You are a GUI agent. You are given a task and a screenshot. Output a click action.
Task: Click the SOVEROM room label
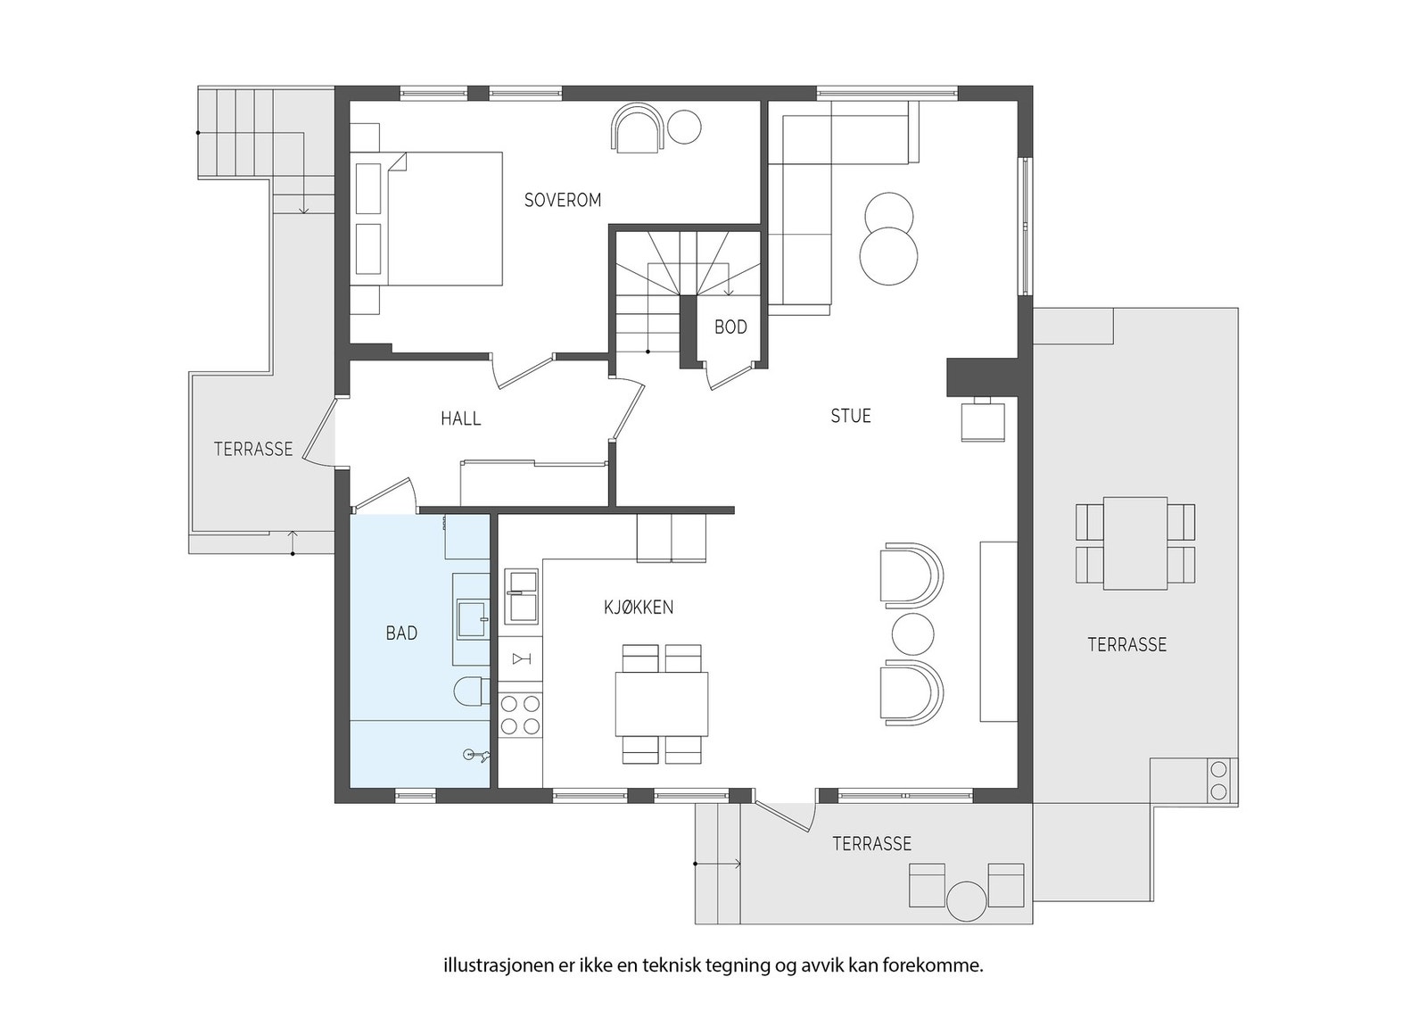[x=563, y=200]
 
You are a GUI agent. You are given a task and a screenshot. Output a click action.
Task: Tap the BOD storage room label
[x=730, y=327]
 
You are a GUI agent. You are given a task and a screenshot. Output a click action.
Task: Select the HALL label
[x=460, y=418]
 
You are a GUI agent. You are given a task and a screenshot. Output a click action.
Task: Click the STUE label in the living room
[x=851, y=416]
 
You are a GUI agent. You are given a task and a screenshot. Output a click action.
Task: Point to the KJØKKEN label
[x=639, y=608]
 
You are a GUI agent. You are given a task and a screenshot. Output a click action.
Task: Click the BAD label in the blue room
[x=402, y=633]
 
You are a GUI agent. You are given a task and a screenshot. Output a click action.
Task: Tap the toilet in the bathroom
[x=472, y=691]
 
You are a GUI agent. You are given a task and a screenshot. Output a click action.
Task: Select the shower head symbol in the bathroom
[x=476, y=755]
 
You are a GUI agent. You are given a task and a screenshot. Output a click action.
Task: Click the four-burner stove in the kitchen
[x=521, y=715]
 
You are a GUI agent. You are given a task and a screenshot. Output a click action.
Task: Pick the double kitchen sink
[x=521, y=596]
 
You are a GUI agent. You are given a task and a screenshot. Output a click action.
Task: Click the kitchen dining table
[x=662, y=704]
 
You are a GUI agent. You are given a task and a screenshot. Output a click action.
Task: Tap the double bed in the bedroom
[x=427, y=218]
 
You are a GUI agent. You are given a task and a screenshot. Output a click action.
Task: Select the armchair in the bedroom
[x=638, y=128]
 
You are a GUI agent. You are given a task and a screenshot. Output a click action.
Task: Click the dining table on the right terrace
[x=1135, y=543]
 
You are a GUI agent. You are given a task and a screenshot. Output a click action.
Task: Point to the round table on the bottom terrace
[x=967, y=901]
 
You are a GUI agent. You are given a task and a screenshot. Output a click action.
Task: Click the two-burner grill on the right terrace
[x=1217, y=780]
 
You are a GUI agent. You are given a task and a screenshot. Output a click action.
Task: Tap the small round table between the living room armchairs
[x=912, y=634]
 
